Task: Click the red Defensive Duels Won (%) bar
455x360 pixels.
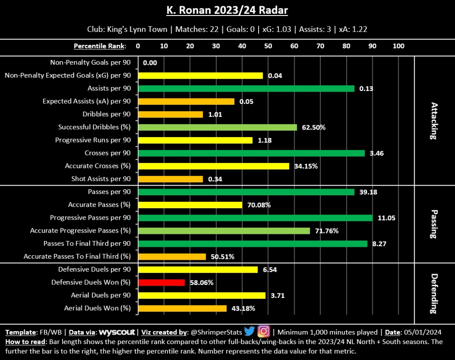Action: pyautogui.click(x=161, y=282)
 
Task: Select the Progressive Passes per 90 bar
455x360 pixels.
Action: pyautogui.click(x=255, y=218)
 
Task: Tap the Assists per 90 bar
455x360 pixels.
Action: pyautogui.click(x=246, y=88)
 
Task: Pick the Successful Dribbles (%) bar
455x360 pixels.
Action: pyautogui.click(x=217, y=127)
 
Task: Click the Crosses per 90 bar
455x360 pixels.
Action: pyautogui.click(x=251, y=153)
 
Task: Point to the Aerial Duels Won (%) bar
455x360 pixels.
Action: pyautogui.click(x=182, y=308)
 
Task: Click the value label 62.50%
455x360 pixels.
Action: pyautogui.click(x=314, y=127)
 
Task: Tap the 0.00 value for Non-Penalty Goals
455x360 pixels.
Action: pyautogui.click(x=150, y=63)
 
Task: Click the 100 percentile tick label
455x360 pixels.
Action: pyautogui.click(x=399, y=46)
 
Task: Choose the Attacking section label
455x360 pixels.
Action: pyautogui.click(x=434, y=121)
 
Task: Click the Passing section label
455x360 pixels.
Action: pyautogui.click(x=434, y=224)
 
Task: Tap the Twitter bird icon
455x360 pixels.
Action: pyautogui.click(x=249, y=331)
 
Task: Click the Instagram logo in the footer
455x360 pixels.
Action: pyautogui.click(x=264, y=331)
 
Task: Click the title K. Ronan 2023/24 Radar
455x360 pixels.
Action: pyautogui.click(x=227, y=10)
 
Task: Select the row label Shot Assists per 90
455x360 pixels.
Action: pyautogui.click(x=101, y=179)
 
